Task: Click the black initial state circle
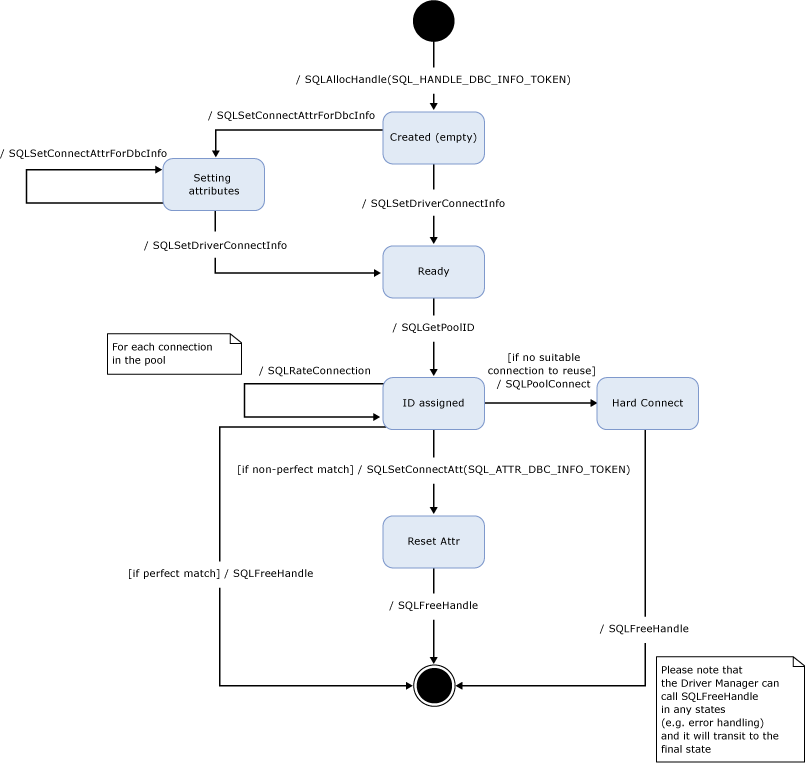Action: pyautogui.click(x=433, y=21)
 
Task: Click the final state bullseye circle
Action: pyautogui.click(x=433, y=685)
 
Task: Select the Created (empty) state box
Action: pyautogui.click(x=433, y=137)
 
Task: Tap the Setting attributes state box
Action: pyautogui.click(x=213, y=184)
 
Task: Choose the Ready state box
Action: pyautogui.click(x=433, y=271)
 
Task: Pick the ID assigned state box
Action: pyautogui.click(x=433, y=403)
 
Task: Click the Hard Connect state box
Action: pyautogui.click(x=647, y=403)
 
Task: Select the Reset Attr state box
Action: pyautogui.click(x=433, y=541)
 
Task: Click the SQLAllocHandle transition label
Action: pyautogui.click(x=433, y=78)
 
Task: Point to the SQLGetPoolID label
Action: pyautogui.click(x=433, y=327)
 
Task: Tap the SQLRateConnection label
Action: pyautogui.click(x=314, y=371)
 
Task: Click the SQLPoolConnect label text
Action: pyautogui.click(x=547, y=384)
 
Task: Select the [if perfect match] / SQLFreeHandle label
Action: pyautogui.click(x=220, y=573)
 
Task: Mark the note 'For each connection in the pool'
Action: pyautogui.click(x=175, y=353)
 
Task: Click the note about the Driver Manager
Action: pyautogui.click(x=730, y=709)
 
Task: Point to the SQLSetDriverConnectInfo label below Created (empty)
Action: pyautogui.click(x=433, y=203)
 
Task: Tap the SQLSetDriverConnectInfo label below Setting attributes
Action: pyautogui.click(x=215, y=245)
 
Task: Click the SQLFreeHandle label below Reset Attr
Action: pyautogui.click(x=433, y=605)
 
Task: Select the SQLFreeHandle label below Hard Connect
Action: pyautogui.click(x=644, y=628)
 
